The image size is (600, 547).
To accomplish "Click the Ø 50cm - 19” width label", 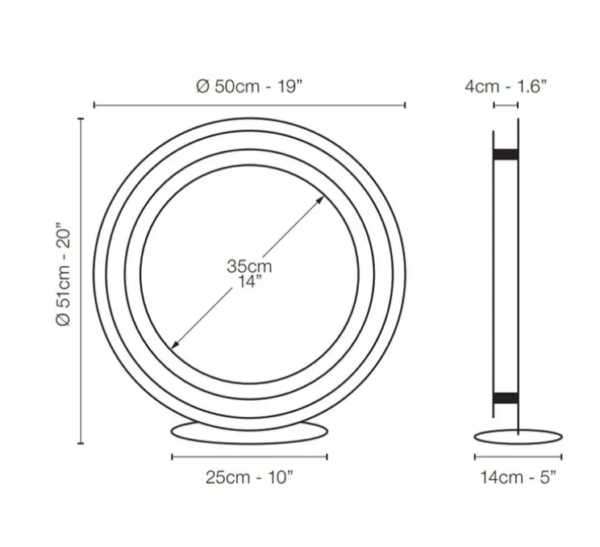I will tap(249, 87).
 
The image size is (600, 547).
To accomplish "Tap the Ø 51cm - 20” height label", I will tap(65, 275).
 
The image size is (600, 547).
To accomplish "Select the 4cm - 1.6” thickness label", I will tap(506, 87).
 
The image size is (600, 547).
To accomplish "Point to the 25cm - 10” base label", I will tap(249, 477).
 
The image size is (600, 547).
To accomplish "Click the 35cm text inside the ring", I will tap(249, 266).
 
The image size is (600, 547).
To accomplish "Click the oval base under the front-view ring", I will tap(250, 431).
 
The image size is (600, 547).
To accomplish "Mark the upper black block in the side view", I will tap(506, 153).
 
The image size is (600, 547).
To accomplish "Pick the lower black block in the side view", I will tap(506, 395).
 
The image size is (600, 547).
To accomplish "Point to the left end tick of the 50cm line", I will tap(94, 105).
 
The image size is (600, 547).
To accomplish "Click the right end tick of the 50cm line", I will tap(405, 105).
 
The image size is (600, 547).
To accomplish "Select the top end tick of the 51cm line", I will tap(81, 119).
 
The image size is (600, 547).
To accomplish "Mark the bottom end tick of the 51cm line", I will tap(81, 442).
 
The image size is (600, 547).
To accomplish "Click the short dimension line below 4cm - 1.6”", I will tap(506, 105).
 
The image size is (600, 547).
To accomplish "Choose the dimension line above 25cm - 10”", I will tap(249, 457).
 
